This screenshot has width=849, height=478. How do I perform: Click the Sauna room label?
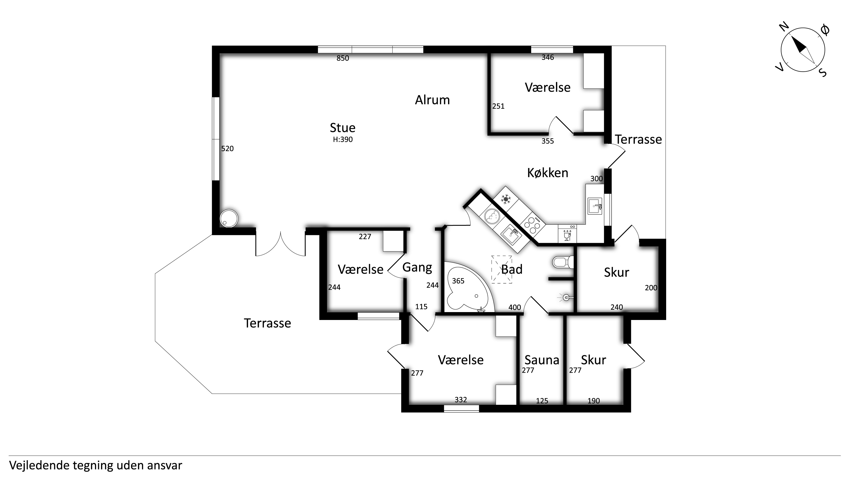[x=542, y=360]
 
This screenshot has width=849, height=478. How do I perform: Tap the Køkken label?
[x=547, y=173]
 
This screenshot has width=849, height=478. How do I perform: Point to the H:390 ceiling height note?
[x=343, y=140]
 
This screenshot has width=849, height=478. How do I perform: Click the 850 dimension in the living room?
[x=343, y=58]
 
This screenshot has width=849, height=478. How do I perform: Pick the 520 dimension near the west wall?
[x=227, y=149]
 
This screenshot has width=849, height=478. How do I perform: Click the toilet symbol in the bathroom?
[x=563, y=262]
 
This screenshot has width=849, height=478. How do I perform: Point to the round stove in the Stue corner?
[x=229, y=218]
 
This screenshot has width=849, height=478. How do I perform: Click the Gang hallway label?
[x=417, y=268]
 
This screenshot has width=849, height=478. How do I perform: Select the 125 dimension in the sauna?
[x=542, y=401]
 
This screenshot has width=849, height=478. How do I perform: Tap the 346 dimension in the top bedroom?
[x=548, y=57]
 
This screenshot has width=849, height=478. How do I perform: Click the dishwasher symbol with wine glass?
[x=567, y=234]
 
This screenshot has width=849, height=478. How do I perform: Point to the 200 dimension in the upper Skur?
[x=651, y=288]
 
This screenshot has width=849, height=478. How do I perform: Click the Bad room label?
[x=512, y=269]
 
